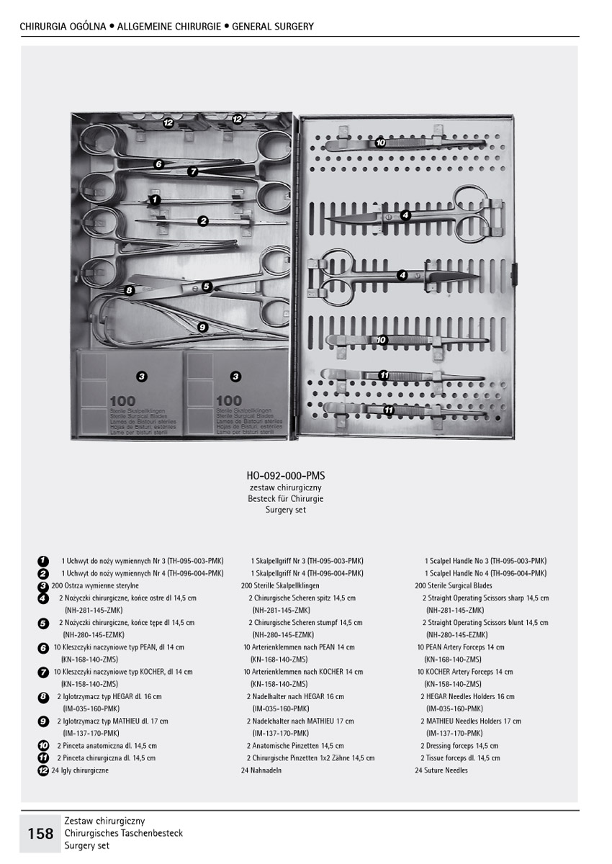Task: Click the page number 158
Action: pyautogui.click(x=40, y=833)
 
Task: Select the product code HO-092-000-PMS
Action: pyautogui.click(x=285, y=476)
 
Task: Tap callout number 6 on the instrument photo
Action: pyautogui.click(x=159, y=164)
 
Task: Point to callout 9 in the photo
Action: pyautogui.click(x=202, y=327)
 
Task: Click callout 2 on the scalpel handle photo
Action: pyautogui.click(x=203, y=221)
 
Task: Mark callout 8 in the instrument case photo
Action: pyautogui.click(x=129, y=290)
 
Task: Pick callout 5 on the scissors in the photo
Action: pyautogui.click(x=206, y=286)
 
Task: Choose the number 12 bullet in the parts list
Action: pyautogui.click(x=43, y=770)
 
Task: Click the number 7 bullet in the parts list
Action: pyautogui.click(x=43, y=672)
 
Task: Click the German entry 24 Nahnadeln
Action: pyautogui.click(x=261, y=770)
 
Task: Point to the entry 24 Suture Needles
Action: pyautogui.click(x=441, y=770)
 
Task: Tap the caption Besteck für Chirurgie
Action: pyautogui.click(x=285, y=498)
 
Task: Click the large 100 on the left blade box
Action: pyautogui.click(x=122, y=401)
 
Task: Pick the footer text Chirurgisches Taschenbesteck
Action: pyautogui.click(x=123, y=833)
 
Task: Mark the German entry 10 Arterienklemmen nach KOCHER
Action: pyautogui.click(x=302, y=672)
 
